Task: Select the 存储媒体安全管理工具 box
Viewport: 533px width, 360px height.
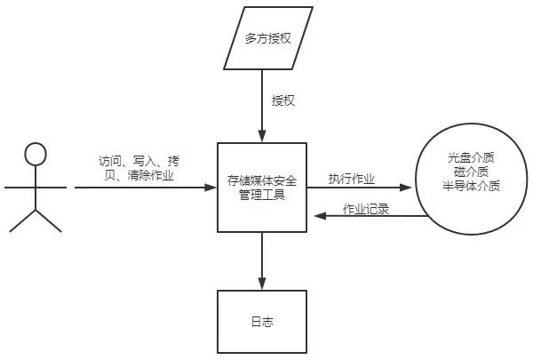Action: (262, 187)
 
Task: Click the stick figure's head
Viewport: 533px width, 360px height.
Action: (35, 154)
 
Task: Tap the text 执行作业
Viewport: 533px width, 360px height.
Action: (352, 179)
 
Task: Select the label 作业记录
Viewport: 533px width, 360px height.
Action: (366, 210)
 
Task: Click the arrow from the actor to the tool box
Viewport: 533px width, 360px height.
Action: (142, 188)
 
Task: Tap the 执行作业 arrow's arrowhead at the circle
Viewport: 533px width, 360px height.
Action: (409, 188)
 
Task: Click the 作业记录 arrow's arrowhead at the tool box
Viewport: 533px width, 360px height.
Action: (313, 220)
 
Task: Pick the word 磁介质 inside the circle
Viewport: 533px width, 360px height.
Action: (472, 172)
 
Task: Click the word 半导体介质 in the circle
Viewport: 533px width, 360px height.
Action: (472, 187)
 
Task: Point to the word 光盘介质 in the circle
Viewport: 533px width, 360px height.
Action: (472, 158)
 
